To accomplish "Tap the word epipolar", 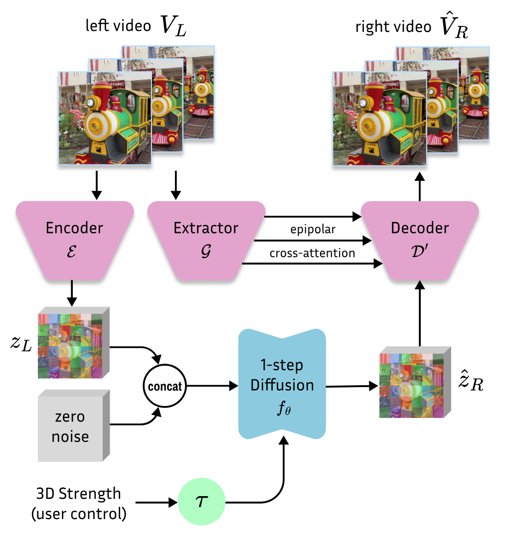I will coord(313,230).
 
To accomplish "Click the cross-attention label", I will coord(313,253).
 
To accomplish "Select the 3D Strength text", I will coord(78,494).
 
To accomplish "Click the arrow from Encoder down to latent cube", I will coord(72,294).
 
